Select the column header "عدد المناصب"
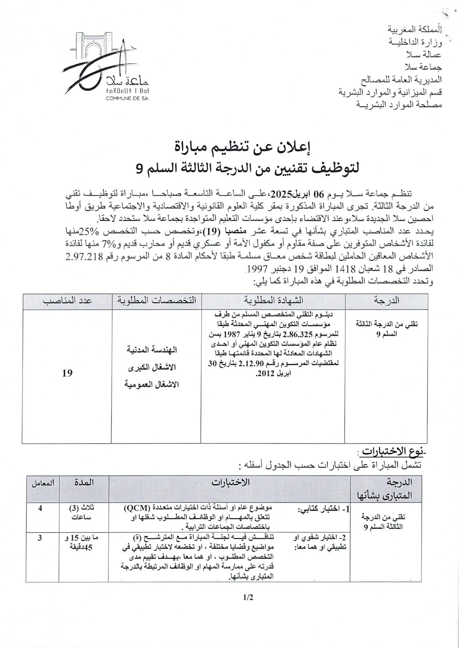(x=67, y=301)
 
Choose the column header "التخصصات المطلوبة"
(x=156, y=301)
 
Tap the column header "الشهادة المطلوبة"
(x=273, y=301)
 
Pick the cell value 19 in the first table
(x=67, y=373)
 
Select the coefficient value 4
(x=40, y=508)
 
